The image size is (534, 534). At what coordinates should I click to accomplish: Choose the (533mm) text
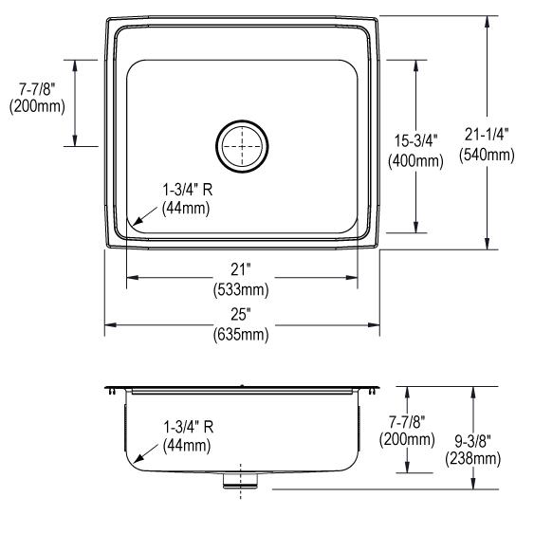tap(241, 289)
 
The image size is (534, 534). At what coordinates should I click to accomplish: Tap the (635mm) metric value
tap(241, 335)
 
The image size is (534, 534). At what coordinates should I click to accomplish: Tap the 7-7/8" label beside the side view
tap(407, 423)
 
